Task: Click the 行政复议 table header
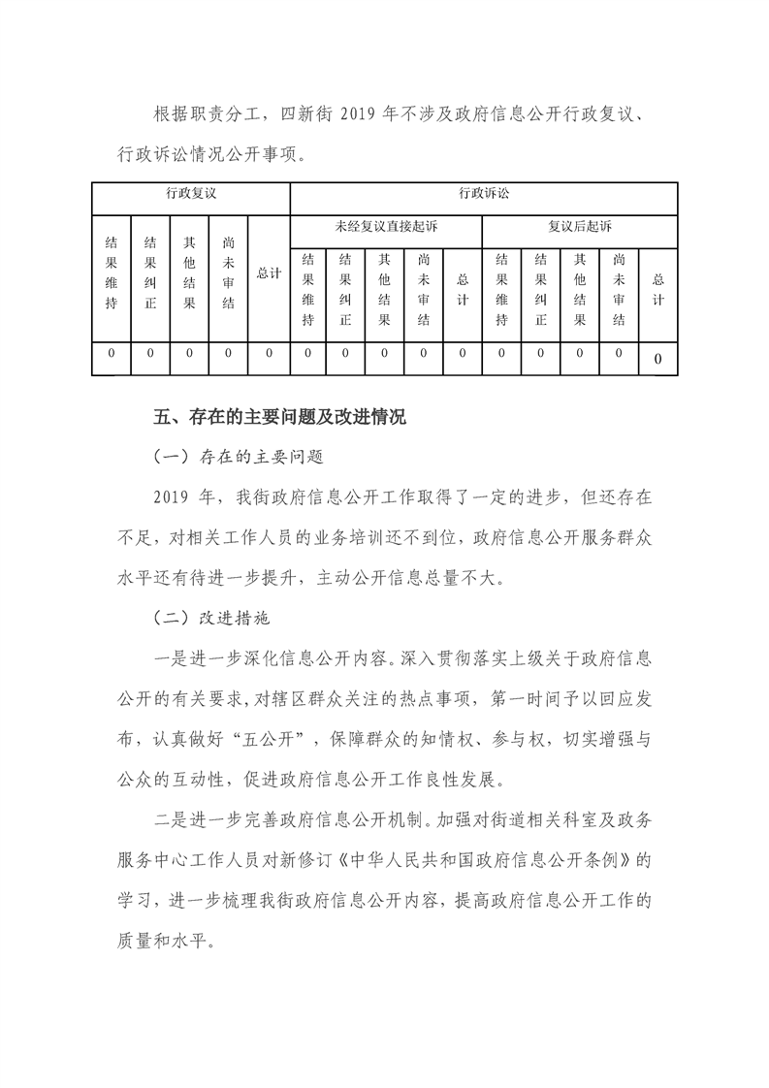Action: (190, 193)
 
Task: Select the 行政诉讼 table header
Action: (484, 193)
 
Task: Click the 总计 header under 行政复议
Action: (269, 273)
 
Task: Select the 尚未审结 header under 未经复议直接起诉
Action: (424, 288)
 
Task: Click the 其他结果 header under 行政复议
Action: (190, 273)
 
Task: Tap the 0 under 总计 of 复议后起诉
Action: (658, 360)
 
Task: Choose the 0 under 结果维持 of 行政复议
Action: (112, 355)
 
